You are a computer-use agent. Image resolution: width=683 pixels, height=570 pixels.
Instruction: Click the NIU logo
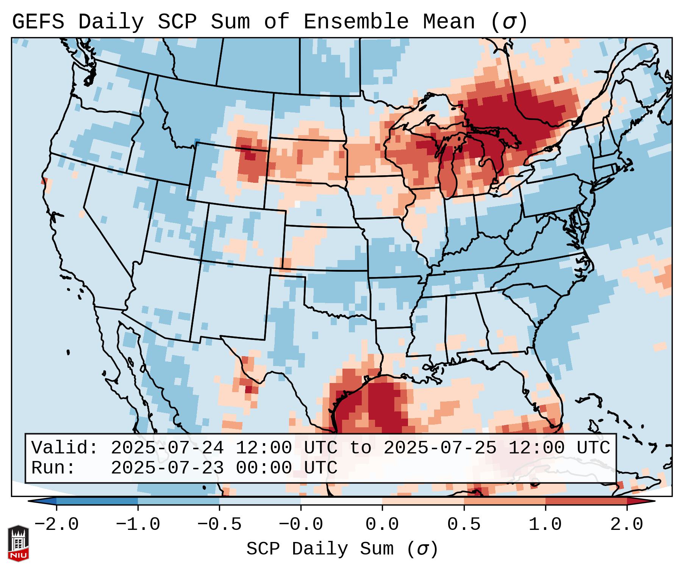(18, 543)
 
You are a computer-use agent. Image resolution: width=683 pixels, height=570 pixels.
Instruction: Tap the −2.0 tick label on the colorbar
(56, 525)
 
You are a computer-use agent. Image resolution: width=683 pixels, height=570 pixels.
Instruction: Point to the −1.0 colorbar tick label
(138, 525)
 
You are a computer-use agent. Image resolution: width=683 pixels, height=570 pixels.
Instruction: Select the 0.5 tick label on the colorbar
(464, 525)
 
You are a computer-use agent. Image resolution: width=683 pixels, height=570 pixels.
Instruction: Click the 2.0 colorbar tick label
(627, 525)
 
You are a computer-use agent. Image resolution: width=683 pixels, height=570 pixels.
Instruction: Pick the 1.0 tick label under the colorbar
(545, 525)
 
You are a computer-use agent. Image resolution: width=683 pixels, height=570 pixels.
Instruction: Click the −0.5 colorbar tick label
(219, 525)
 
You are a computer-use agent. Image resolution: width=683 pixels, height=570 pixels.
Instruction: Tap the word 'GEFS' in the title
(38, 22)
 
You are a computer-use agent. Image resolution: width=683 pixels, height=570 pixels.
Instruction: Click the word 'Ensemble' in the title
(356, 22)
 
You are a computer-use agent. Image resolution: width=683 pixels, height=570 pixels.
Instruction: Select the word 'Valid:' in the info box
(65, 448)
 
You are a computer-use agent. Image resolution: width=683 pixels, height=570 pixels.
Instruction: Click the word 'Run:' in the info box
(53, 468)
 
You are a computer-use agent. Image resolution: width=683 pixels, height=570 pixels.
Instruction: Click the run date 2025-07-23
(167, 468)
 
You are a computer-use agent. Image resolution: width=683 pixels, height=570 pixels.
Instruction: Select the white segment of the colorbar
(341, 501)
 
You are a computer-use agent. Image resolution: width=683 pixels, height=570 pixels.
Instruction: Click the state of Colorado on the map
(244, 235)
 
